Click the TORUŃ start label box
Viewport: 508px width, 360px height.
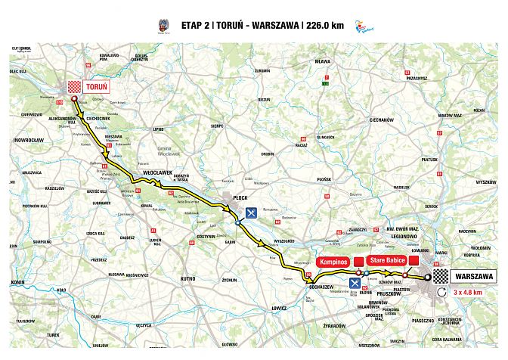coord(98,87)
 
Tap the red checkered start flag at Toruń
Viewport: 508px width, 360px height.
coord(74,87)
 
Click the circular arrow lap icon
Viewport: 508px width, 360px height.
coord(440,292)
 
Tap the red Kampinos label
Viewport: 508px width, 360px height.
coord(333,260)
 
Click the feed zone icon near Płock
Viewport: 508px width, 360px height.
coord(250,214)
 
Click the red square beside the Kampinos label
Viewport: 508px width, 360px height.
coord(358,260)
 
